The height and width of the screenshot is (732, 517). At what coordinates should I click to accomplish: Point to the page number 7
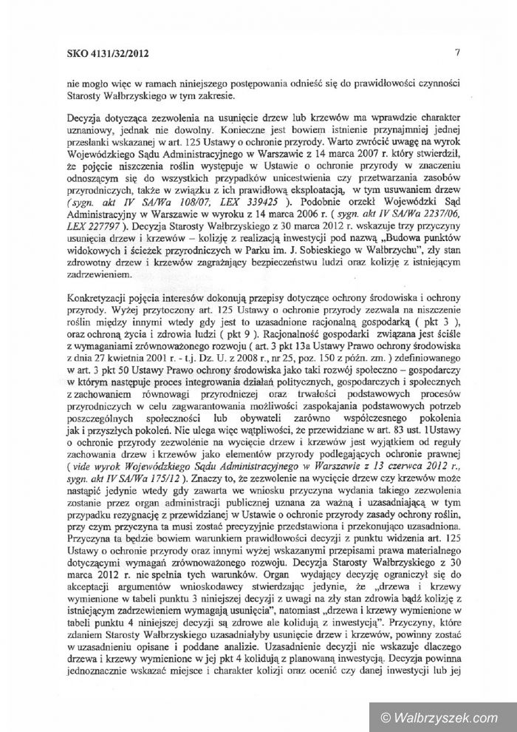pos(458,52)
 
